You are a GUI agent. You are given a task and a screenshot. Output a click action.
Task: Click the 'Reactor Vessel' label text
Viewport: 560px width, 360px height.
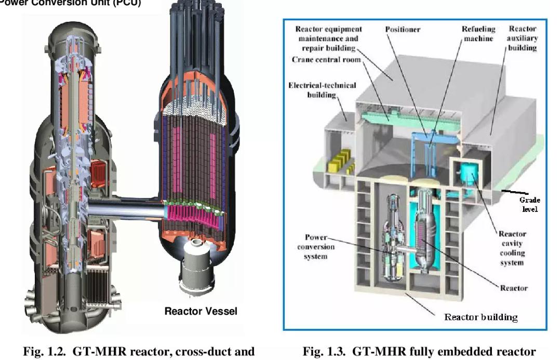click(x=201, y=311)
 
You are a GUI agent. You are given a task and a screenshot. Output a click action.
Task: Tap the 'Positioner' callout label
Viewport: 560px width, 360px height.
click(x=404, y=29)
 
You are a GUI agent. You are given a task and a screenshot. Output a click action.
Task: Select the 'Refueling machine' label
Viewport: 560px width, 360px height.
click(x=478, y=34)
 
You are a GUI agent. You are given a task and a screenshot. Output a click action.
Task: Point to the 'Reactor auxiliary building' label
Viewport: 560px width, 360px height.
click(x=522, y=38)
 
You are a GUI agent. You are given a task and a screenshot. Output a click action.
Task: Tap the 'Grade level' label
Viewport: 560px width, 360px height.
click(x=529, y=204)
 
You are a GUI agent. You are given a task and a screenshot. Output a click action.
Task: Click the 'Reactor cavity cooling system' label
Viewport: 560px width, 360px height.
click(x=512, y=248)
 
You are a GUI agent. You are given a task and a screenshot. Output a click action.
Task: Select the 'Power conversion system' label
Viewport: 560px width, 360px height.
click(x=316, y=247)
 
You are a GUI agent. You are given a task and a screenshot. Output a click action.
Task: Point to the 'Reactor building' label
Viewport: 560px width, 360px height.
click(x=481, y=316)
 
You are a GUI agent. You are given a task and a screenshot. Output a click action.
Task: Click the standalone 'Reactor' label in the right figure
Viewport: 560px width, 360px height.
click(x=513, y=287)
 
